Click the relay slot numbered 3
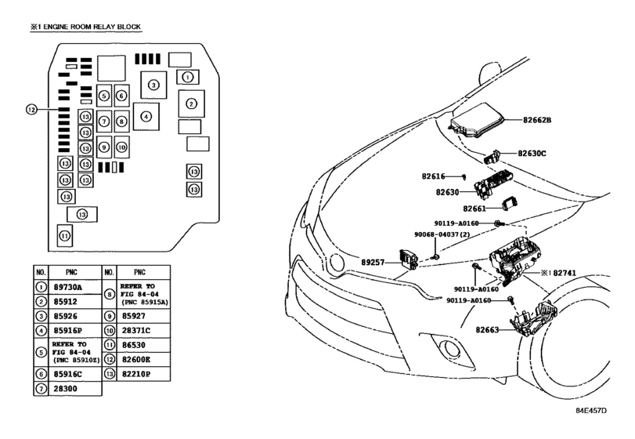(153, 85)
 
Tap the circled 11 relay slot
(65, 235)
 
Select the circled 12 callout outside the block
(31, 109)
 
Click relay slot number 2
(192, 103)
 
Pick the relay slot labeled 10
(122, 147)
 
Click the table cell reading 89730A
(67, 288)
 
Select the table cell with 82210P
(136, 374)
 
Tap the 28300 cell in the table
(65, 388)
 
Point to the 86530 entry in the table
(134, 345)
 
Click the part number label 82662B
(536, 120)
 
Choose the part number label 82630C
(532, 153)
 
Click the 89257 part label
(373, 263)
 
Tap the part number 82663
(487, 330)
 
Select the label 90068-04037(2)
(442, 234)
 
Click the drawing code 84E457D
(592, 411)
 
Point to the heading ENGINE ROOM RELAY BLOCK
(92, 27)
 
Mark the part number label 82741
(565, 273)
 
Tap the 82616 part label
(433, 176)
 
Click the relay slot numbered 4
(146, 116)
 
